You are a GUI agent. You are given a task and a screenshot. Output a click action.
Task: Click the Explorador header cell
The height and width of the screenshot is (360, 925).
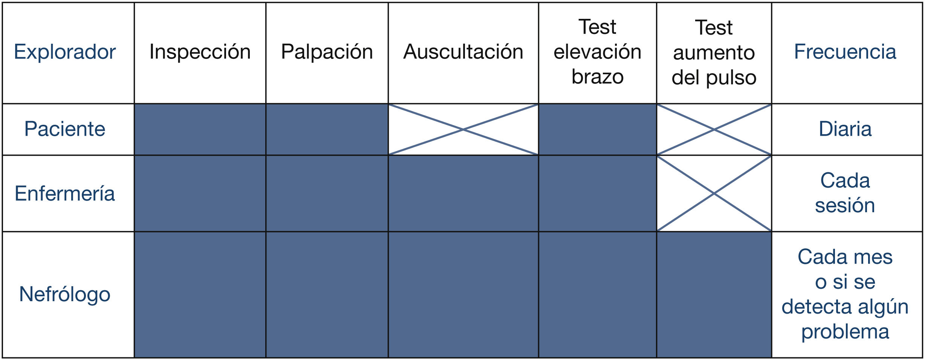click(x=65, y=52)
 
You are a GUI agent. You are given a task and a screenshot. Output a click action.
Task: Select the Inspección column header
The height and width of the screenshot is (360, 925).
click(x=200, y=52)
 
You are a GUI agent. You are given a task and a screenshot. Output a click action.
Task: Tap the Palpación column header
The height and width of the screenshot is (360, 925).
click(x=327, y=52)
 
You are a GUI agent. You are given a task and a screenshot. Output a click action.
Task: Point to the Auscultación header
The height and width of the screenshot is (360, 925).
click(x=463, y=52)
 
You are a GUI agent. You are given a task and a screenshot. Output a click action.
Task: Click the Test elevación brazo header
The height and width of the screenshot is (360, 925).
click(x=597, y=52)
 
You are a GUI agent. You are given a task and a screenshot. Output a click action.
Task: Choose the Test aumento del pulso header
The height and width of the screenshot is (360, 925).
click(x=714, y=52)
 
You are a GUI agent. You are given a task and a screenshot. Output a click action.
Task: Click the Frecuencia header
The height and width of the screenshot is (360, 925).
click(x=845, y=52)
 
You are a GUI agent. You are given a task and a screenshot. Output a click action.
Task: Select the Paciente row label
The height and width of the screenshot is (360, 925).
click(x=65, y=129)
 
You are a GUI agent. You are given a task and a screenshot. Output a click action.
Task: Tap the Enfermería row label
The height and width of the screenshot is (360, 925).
click(x=65, y=194)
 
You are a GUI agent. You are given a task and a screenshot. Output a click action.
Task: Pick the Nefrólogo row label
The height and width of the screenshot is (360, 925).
click(x=65, y=294)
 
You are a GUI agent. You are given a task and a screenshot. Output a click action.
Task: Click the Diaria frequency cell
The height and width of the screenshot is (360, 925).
click(x=845, y=129)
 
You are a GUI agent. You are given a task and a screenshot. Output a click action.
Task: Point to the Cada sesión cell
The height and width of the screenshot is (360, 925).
click(x=845, y=193)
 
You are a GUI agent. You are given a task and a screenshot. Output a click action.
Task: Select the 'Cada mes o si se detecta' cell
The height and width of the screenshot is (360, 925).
click(x=845, y=294)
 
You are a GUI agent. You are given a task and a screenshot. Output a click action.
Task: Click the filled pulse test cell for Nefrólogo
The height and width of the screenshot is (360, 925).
click(x=714, y=294)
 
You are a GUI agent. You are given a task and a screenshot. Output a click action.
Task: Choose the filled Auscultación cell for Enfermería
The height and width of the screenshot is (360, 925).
click(x=463, y=193)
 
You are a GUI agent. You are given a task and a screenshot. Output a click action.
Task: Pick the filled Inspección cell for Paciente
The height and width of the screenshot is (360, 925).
click(x=200, y=129)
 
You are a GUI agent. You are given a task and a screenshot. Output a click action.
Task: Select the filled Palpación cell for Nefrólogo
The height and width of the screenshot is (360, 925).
click(x=327, y=294)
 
